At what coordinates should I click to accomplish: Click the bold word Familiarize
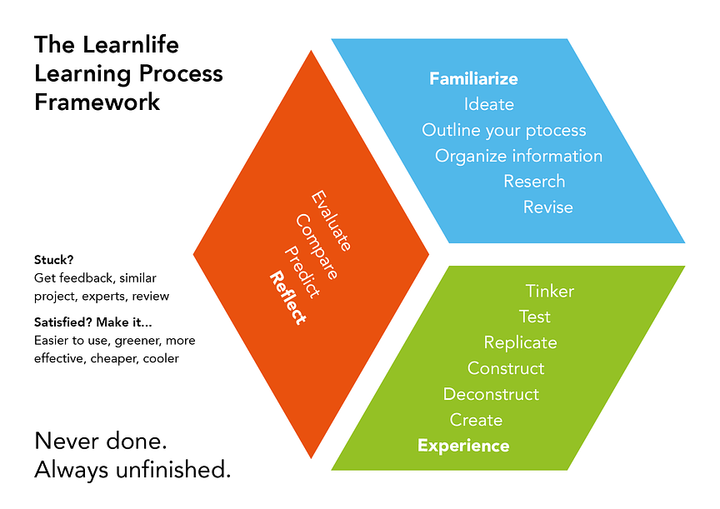473,79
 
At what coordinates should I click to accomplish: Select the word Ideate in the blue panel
488,105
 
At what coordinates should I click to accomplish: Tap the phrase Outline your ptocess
503,131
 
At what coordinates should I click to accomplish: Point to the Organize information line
518,157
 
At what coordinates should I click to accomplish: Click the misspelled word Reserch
534,182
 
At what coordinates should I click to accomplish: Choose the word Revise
547,207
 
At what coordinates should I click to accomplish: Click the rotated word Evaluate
331,222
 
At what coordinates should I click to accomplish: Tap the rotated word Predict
302,271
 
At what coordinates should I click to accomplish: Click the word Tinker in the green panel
549,292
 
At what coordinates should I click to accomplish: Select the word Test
534,317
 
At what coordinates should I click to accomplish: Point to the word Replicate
520,343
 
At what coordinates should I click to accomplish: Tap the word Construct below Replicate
505,369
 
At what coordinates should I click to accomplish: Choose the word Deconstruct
491,395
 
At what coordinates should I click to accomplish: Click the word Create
476,421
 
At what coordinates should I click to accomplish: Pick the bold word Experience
462,447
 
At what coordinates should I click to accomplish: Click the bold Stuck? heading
54,259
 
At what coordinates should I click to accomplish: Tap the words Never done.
97,442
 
